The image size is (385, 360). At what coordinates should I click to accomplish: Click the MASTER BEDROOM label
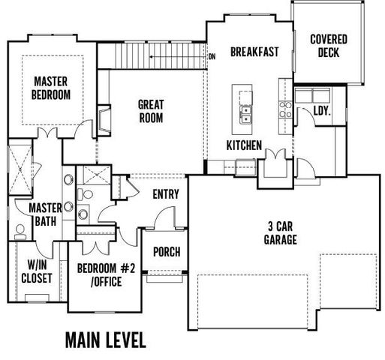[52, 88]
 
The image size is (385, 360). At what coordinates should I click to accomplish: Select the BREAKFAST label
[254, 52]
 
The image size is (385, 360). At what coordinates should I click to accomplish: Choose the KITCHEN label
[245, 145]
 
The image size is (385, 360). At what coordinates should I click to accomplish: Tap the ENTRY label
[165, 194]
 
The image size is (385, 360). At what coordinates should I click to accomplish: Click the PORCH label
[167, 251]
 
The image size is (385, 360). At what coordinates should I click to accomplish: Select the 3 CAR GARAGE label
[281, 232]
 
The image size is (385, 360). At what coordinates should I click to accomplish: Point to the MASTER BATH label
[44, 214]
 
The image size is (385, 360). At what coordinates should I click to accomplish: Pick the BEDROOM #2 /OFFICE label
[106, 276]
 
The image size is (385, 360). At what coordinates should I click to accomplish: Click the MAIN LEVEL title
[105, 338]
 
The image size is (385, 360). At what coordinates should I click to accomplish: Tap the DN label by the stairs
[212, 56]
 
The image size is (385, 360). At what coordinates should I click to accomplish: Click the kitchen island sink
[246, 114]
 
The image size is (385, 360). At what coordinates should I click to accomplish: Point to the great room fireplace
[104, 118]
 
